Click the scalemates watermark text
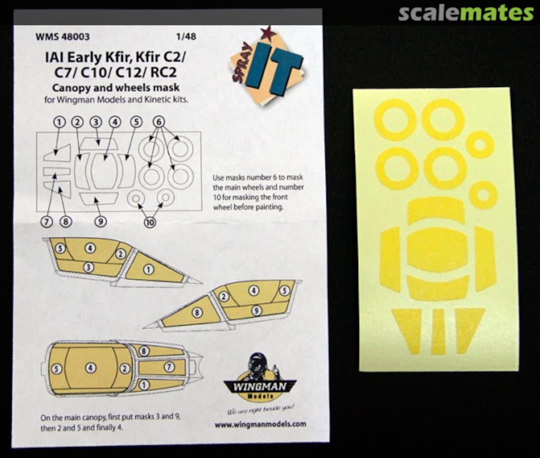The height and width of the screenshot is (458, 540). tap(465, 13)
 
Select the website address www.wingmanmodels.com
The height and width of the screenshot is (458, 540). tap(260, 424)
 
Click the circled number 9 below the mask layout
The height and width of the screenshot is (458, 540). tap(100, 221)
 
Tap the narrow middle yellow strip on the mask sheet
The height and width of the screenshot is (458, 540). tap(438, 331)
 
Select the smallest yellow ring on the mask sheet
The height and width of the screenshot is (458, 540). tap(483, 195)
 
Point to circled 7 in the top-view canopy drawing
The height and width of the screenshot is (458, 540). tap(168, 366)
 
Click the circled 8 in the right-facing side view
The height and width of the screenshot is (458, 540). tap(196, 313)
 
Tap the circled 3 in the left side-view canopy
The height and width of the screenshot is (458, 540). tap(89, 267)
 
